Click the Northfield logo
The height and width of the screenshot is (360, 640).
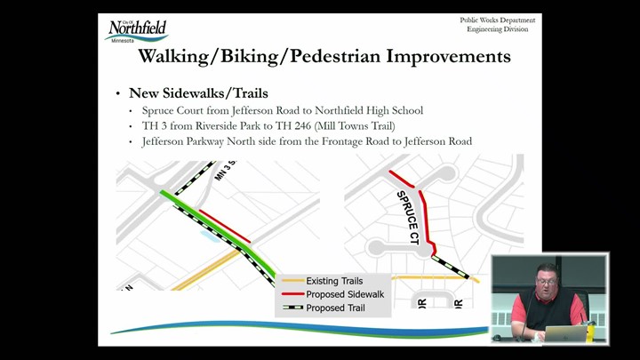pos(137,31)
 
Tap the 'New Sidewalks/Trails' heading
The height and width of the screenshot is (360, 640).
pos(198,93)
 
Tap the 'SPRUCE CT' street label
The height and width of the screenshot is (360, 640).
pos(408,218)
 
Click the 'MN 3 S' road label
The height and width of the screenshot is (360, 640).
pos(226,171)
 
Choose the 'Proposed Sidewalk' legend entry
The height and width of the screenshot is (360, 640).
pos(333,294)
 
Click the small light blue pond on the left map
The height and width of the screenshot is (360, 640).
pos(210,236)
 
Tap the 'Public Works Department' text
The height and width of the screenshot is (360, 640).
pos(498,20)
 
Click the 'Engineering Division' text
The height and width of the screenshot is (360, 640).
pos(498,29)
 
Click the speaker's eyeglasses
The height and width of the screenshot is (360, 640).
pos(547,281)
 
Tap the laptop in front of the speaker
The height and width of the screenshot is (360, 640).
pos(565,334)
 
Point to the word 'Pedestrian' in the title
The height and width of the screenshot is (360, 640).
pos(335,56)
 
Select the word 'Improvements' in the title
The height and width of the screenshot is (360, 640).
pos(449,56)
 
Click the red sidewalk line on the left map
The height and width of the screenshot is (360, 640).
pos(225,226)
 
